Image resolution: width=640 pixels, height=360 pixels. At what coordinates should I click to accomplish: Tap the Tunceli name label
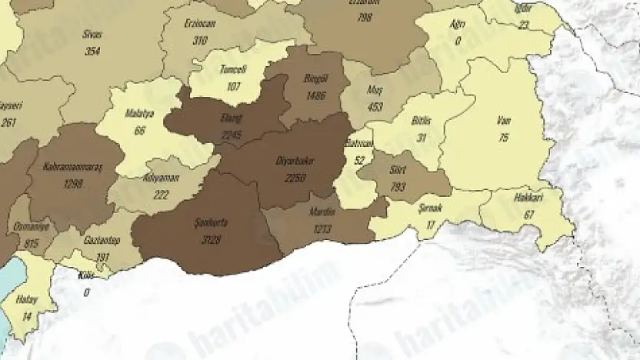coord(233,68)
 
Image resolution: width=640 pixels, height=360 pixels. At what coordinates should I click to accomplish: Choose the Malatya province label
coord(140,115)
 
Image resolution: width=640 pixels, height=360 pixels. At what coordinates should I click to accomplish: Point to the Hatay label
coord(28,300)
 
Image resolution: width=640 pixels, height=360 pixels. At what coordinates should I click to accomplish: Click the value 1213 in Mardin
coord(323,229)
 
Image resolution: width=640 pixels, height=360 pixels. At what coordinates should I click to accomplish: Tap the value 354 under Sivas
coord(94,50)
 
